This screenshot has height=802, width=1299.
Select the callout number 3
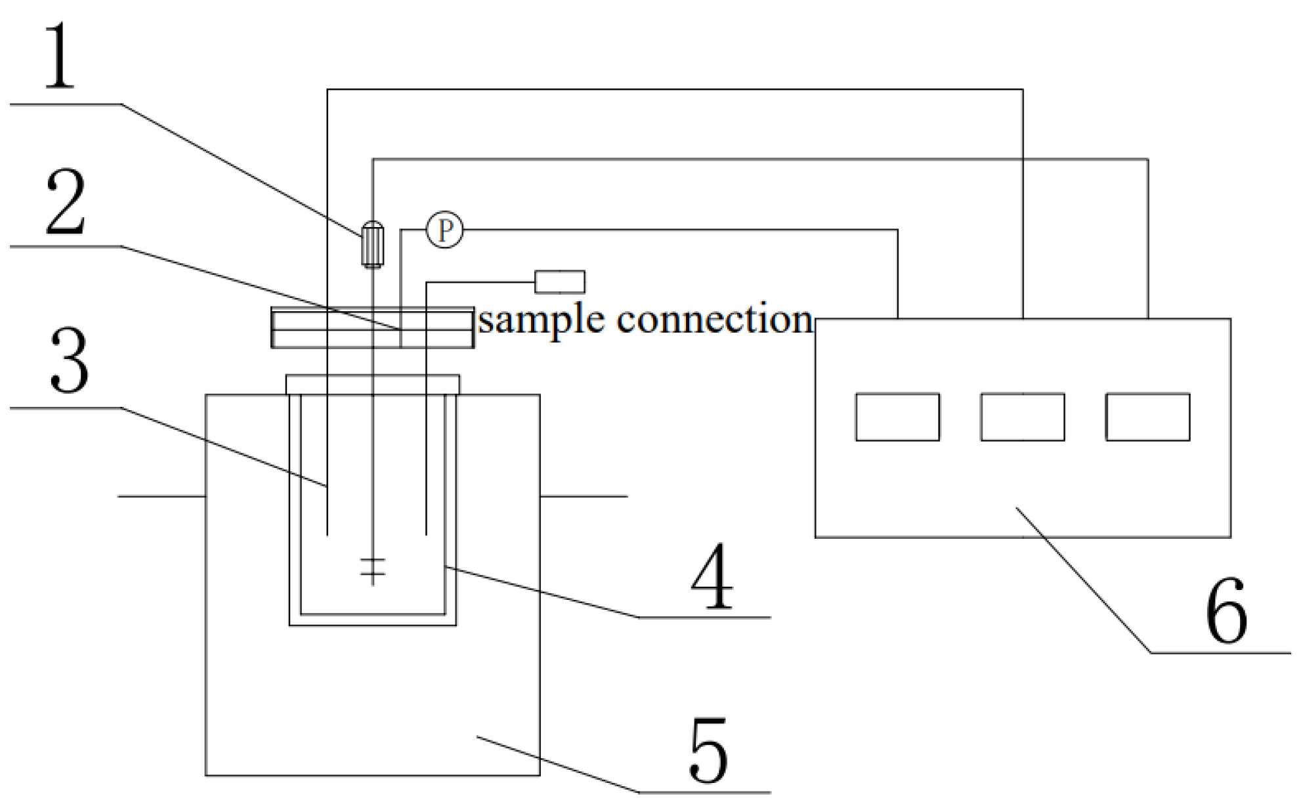point(68,363)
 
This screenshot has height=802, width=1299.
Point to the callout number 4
point(712,578)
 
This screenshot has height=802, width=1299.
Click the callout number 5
point(709,751)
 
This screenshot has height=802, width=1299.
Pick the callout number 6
point(1226,612)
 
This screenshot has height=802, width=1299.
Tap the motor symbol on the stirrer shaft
point(372,243)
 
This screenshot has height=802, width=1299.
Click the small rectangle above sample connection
point(559,282)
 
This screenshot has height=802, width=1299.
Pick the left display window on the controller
point(897,417)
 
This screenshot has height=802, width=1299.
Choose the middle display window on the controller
point(1023,417)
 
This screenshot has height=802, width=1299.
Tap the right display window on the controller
point(1147,417)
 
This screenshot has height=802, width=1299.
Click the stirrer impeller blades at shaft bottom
point(373,567)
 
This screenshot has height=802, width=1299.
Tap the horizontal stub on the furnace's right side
point(584,496)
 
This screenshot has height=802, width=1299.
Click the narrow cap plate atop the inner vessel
point(372,384)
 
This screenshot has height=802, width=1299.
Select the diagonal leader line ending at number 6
point(1083,580)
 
